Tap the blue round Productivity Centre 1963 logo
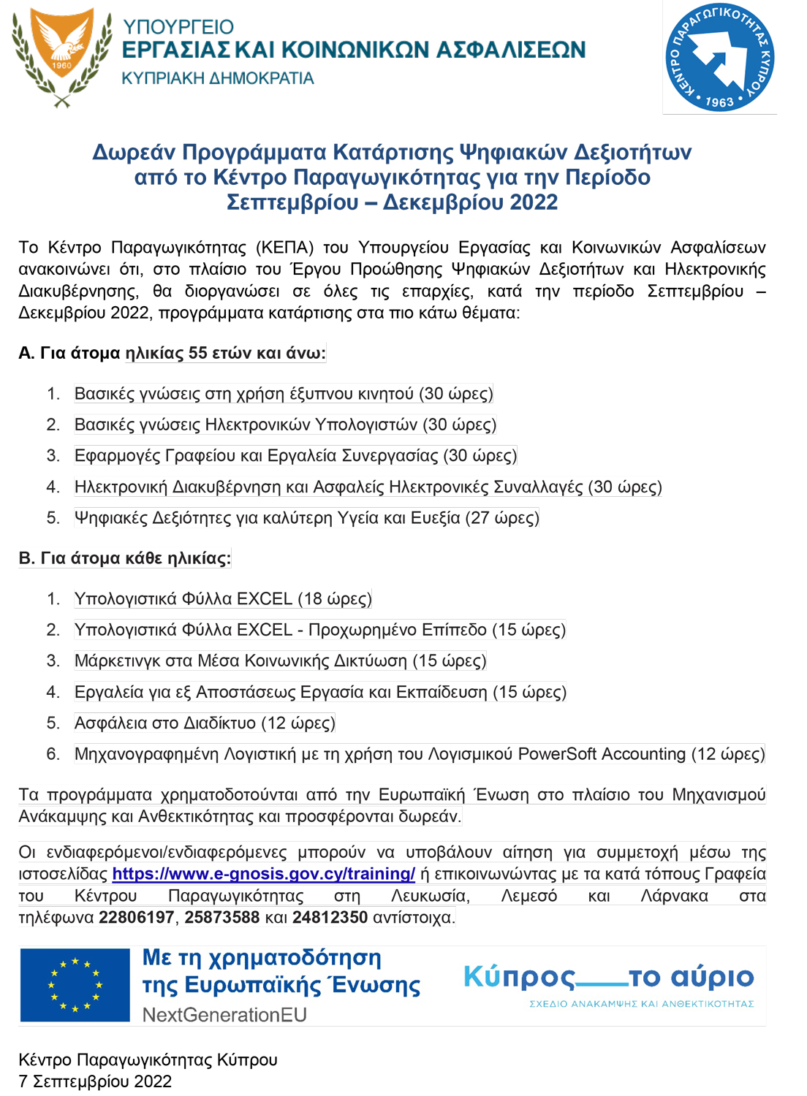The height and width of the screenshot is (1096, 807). tap(719, 57)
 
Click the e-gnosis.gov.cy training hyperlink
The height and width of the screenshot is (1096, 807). tap(264, 874)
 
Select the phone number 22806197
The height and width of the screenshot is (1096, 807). tap(137, 917)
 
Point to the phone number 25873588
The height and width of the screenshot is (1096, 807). tap(222, 917)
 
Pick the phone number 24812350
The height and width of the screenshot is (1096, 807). tap(330, 917)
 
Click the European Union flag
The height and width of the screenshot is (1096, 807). tap(75, 985)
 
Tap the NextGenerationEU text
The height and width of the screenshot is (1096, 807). tap(224, 1015)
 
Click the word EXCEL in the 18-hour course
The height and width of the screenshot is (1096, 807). tap(265, 599)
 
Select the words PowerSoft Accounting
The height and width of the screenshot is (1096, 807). tap(602, 754)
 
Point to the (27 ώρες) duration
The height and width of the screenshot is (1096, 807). tap(502, 518)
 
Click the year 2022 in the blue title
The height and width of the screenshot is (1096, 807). tap(534, 202)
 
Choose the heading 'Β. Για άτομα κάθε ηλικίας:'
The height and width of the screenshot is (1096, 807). tap(124, 558)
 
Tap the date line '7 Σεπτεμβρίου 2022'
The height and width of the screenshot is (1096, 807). tap(95, 1081)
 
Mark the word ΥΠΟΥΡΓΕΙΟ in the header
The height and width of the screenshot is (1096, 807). tap(178, 27)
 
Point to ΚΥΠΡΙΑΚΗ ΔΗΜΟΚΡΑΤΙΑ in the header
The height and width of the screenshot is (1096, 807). tap(217, 78)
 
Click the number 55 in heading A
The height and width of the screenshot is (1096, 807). tap(198, 354)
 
